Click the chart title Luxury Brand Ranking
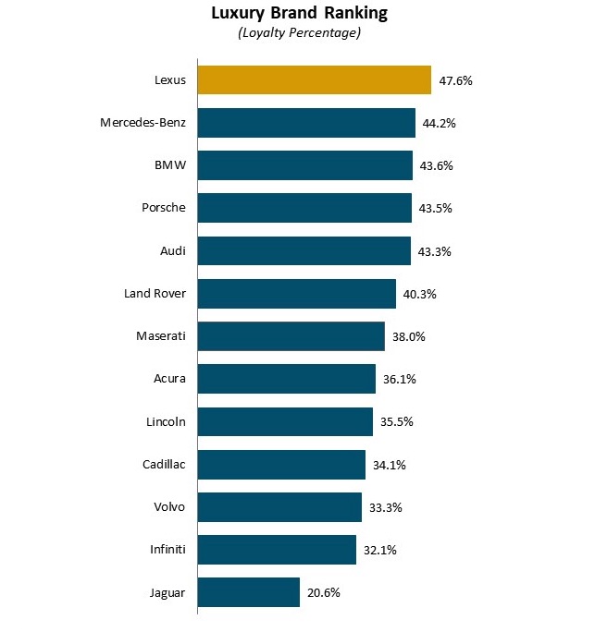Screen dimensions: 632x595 (299, 13)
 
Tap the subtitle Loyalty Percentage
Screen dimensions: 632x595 (299, 33)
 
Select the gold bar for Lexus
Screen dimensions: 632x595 (314, 80)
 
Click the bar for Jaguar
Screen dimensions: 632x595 (248, 592)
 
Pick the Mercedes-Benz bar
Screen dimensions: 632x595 (306, 123)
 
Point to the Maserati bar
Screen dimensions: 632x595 (291, 336)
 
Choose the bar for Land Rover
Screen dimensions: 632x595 (296, 294)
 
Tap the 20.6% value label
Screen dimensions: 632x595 (323, 592)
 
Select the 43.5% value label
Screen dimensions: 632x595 (435, 209)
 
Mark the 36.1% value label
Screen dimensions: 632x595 (399, 379)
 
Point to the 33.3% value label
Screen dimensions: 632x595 (385, 507)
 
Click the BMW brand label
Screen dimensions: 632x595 (170, 165)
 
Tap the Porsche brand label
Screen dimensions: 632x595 (163, 208)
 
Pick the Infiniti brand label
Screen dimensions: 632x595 (167, 550)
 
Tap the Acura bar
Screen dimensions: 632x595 (286, 379)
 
